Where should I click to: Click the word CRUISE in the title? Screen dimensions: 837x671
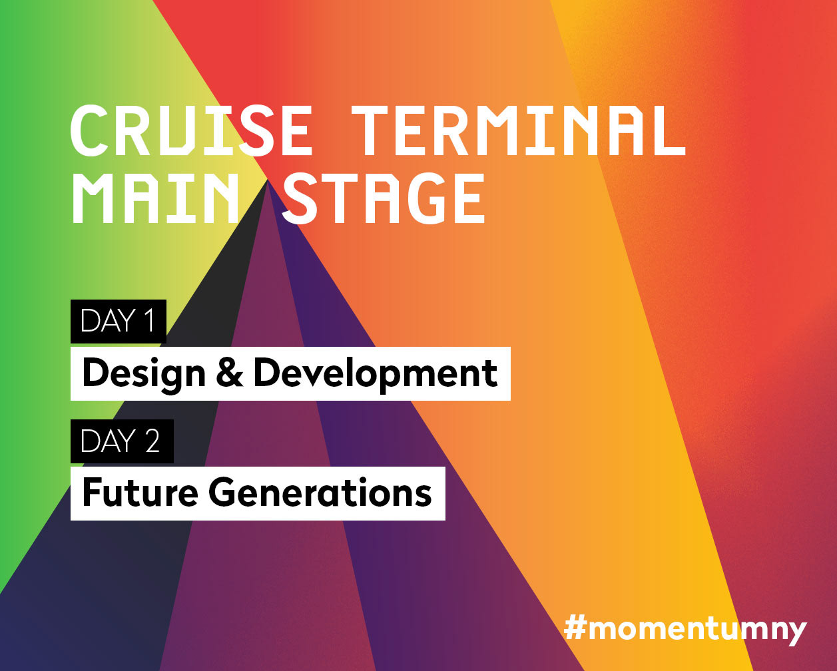pyautogui.click(x=191, y=130)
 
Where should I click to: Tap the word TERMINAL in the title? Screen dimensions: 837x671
pyautogui.click(x=518, y=130)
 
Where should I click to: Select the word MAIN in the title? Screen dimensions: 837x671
pyautogui.click(x=154, y=198)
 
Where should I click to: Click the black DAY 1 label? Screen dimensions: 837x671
pyautogui.click(x=119, y=322)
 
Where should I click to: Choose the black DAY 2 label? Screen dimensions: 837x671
pyautogui.click(x=122, y=441)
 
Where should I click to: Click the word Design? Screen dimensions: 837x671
pyautogui.click(x=144, y=373)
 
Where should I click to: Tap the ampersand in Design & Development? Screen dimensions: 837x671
pyautogui.click(x=230, y=373)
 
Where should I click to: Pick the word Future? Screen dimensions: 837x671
pyautogui.click(x=140, y=492)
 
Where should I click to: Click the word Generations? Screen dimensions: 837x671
pyautogui.click(x=320, y=492)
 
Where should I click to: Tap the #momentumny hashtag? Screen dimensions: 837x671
pyautogui.click(x=685, y=629)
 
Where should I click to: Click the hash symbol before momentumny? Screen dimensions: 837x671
pyautogui.click(x=575, y=627)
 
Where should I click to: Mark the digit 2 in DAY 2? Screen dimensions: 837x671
pyautogui.click(x=152, y=441)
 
